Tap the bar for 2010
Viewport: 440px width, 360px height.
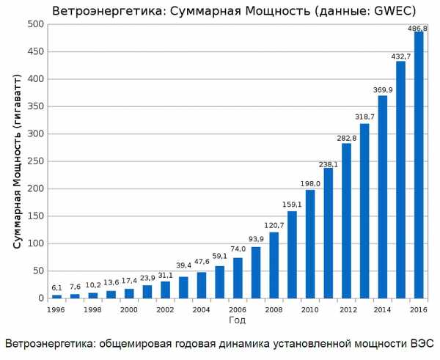click(310, 244)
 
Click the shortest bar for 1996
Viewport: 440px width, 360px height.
click(56, 296)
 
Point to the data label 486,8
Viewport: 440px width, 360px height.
click(419, 27)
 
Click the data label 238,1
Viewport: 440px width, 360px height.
click(329, 164)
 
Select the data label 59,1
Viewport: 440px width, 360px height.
click(219, 257)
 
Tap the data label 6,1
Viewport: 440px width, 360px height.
click(56, 287)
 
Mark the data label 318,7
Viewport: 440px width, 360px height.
click(364, 117)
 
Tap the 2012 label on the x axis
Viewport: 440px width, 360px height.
click(346, 310)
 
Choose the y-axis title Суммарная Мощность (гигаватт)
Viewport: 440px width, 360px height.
click(15, 161)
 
